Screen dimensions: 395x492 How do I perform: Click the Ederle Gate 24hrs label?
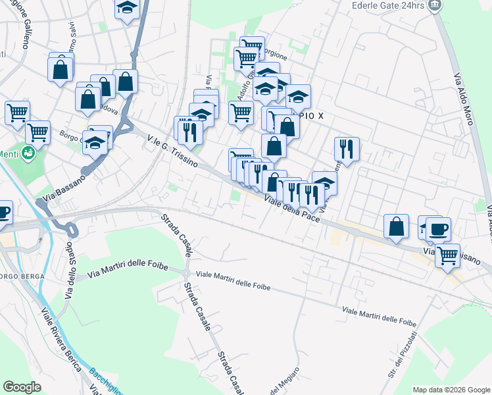click(386, 5)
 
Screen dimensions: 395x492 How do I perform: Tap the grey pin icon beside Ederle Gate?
click(435, 5)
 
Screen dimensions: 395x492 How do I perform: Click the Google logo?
click(22, 386)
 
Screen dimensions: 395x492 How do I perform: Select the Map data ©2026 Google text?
click(451, 390)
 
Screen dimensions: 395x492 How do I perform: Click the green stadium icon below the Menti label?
click(28, 154)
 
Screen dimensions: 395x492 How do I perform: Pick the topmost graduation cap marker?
click(127, 8)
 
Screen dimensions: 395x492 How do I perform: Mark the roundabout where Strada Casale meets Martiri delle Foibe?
click(187, 273)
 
